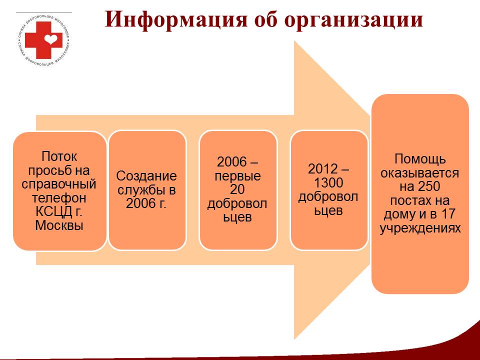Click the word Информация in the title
(x=176, y=19)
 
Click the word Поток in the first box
(x=59, y=156)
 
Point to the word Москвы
(x=59, y=225)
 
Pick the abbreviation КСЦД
(x=54, y=211)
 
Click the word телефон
(x=59, y=198)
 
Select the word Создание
(x=146, y=176)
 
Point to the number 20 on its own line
(x=237, y=189)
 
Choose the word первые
(x=238, y=175)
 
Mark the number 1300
(x=328, y=183)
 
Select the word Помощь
(x=420, y=159)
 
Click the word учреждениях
(x=420, y=228)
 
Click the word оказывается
(x=419, y=173)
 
